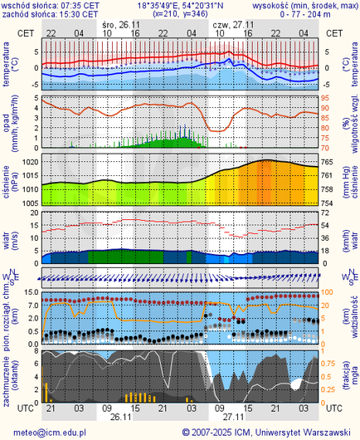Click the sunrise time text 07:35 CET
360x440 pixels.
point(75,5)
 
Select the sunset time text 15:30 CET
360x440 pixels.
point(75,14)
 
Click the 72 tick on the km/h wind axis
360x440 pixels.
point(328,213)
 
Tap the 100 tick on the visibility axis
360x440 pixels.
point(329,292)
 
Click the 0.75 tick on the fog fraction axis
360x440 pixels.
point(331,363)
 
